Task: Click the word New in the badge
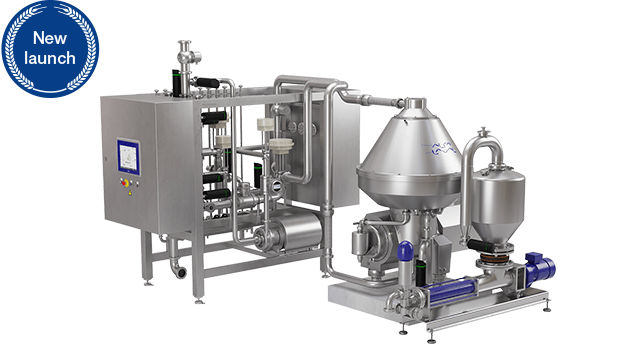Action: pos(50,38)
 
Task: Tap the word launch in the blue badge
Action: pos(50,58)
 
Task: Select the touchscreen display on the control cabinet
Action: pos(129,157)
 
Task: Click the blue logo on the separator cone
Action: pos(444,148)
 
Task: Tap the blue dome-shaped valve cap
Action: pos(405,250)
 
